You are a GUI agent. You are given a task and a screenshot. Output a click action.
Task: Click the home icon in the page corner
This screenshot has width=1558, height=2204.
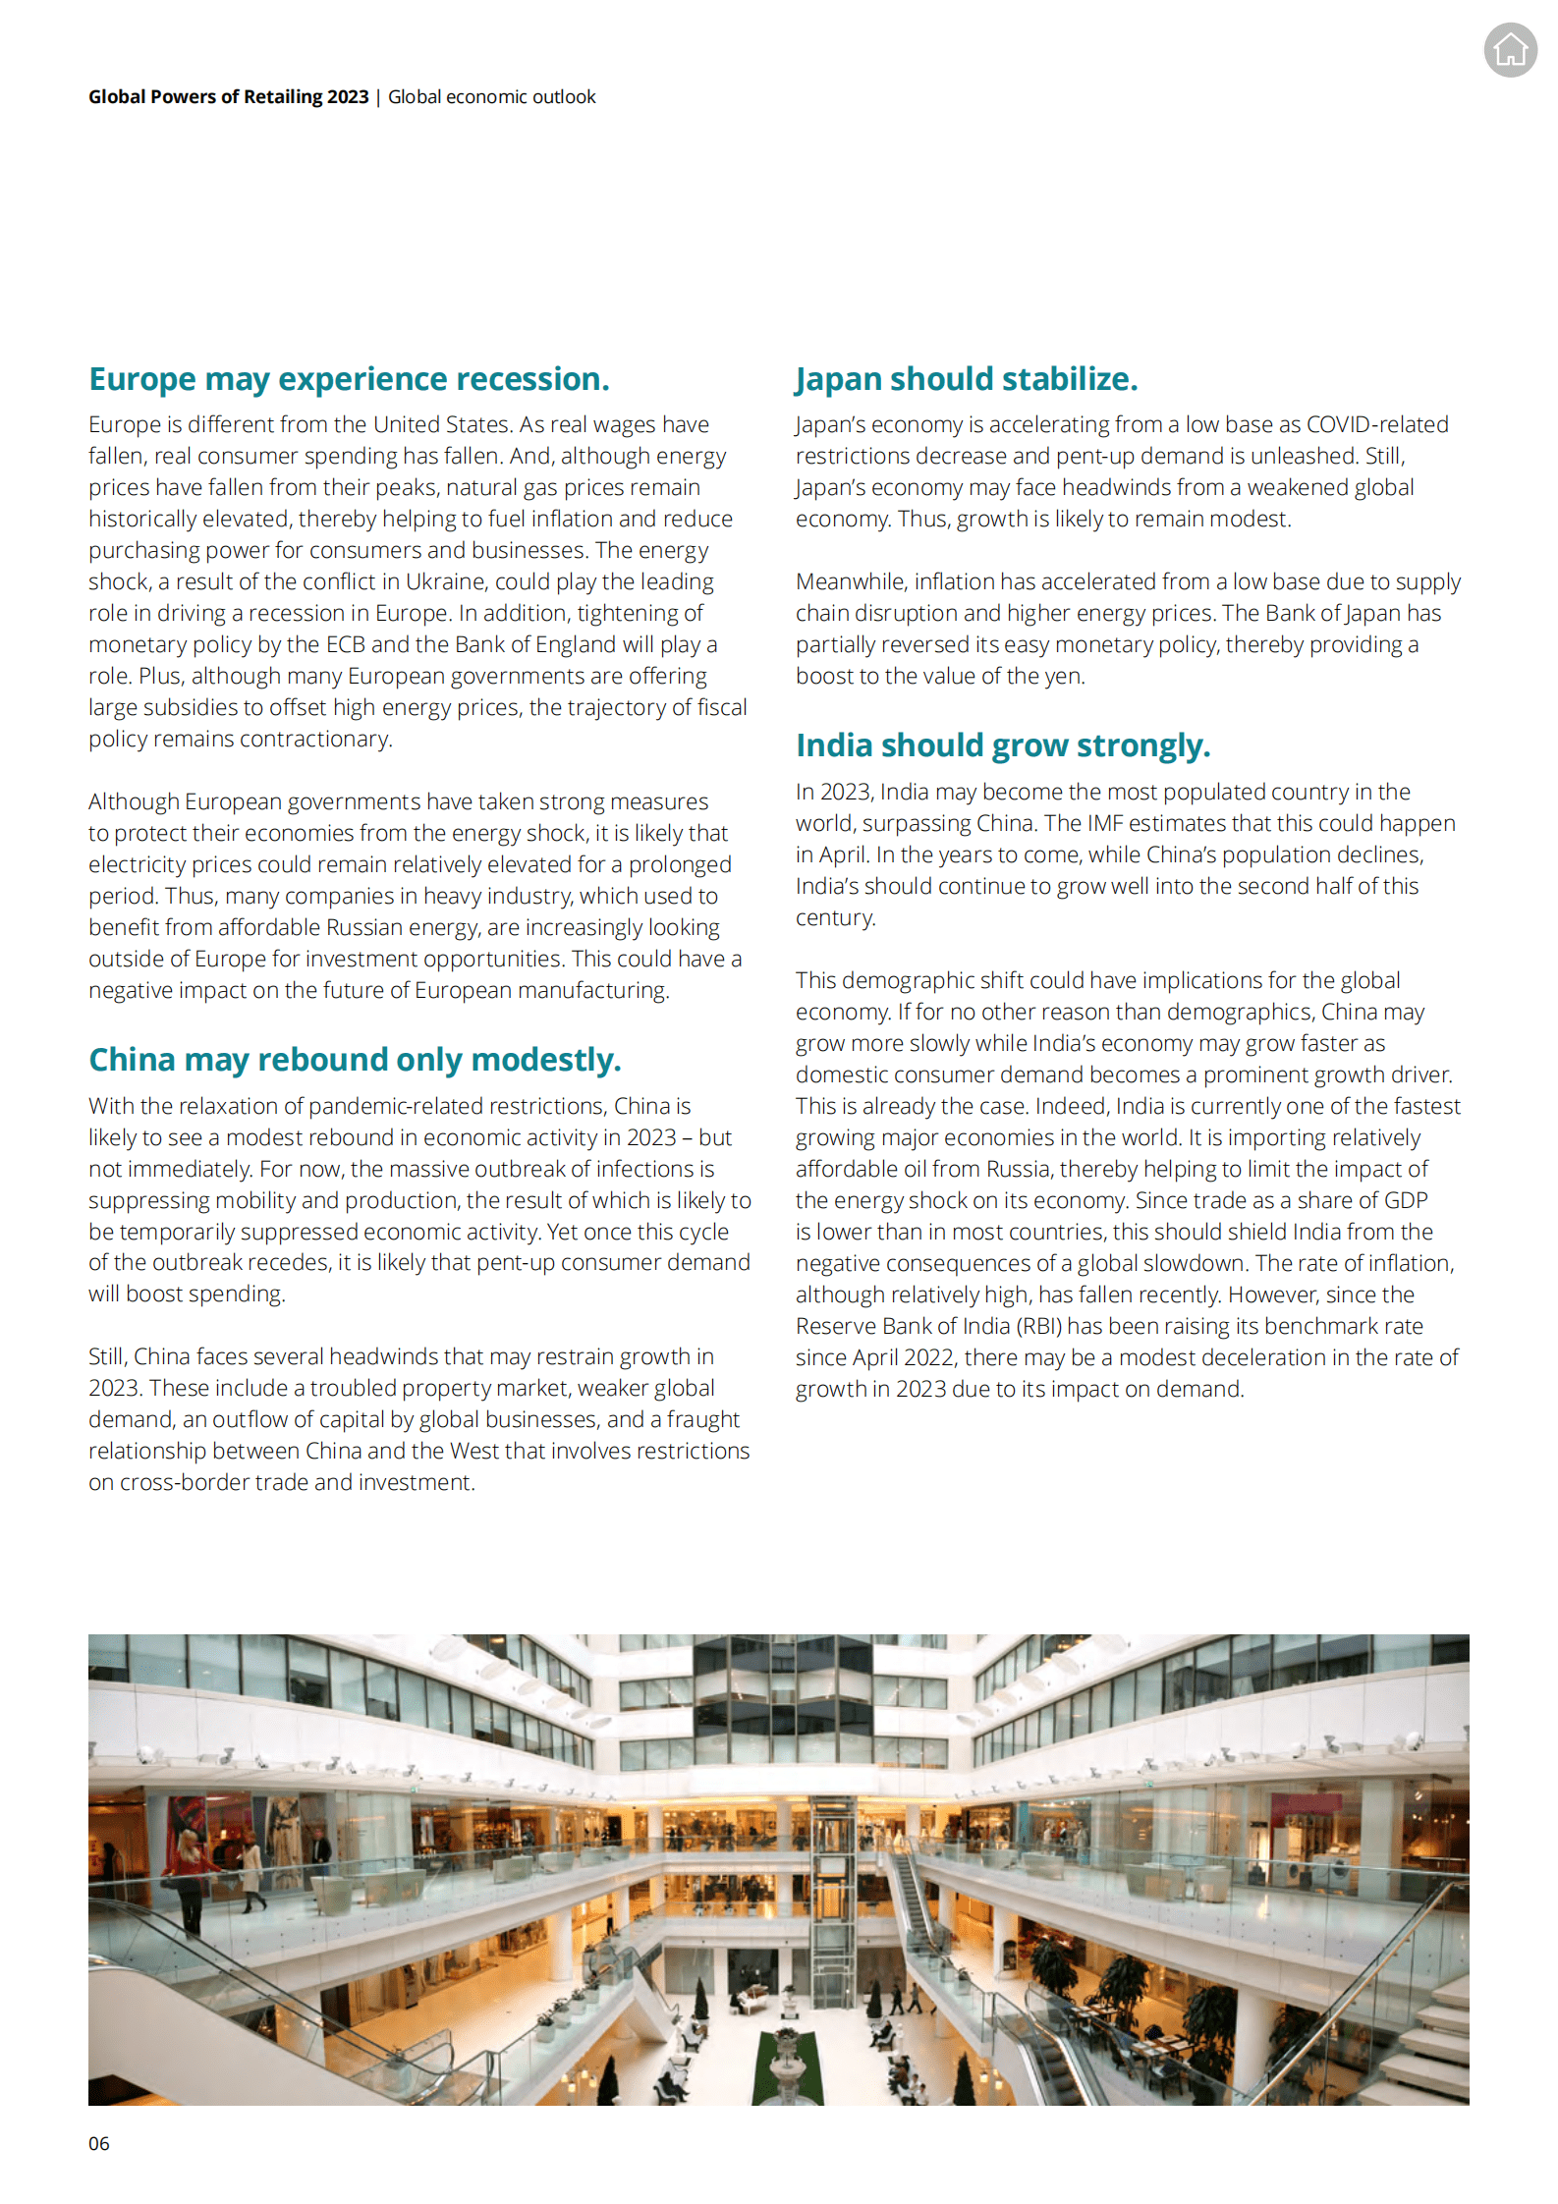click(1510, 49)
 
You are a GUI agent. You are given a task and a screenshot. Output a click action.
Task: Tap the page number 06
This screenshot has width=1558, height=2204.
click(98, 2143)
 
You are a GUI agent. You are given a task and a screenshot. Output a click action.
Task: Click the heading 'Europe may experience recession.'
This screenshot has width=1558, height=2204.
click(349, 379)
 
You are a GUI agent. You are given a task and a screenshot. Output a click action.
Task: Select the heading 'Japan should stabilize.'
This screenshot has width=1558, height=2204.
click(966, 379)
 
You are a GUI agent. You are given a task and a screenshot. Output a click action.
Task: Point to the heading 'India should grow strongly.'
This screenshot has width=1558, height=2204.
click(1002, 745)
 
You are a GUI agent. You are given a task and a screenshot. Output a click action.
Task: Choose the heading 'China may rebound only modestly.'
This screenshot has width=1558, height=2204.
click(355, 1060)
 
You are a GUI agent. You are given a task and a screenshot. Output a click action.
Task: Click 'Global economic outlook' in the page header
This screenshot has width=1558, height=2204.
click(491, 97)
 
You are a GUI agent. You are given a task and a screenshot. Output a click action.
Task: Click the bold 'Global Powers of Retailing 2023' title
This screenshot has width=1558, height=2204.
click(228, 97)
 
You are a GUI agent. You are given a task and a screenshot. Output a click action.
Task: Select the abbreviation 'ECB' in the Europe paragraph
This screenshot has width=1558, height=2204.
click(345, 644)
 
